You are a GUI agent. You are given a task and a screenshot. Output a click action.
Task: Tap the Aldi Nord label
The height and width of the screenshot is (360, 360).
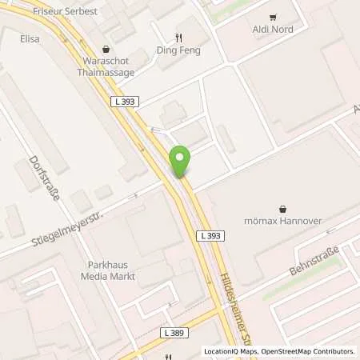pos(271,30)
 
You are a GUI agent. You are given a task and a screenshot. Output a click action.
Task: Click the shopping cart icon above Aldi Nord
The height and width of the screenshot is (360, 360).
pos(272,17)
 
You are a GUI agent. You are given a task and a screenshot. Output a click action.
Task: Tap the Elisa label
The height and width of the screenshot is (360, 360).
pos(30,38)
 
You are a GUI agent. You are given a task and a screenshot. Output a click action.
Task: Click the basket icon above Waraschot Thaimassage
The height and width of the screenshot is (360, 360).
pos(106,48)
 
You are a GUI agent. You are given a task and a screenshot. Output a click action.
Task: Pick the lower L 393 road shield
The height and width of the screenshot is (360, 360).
pos(209,235)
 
